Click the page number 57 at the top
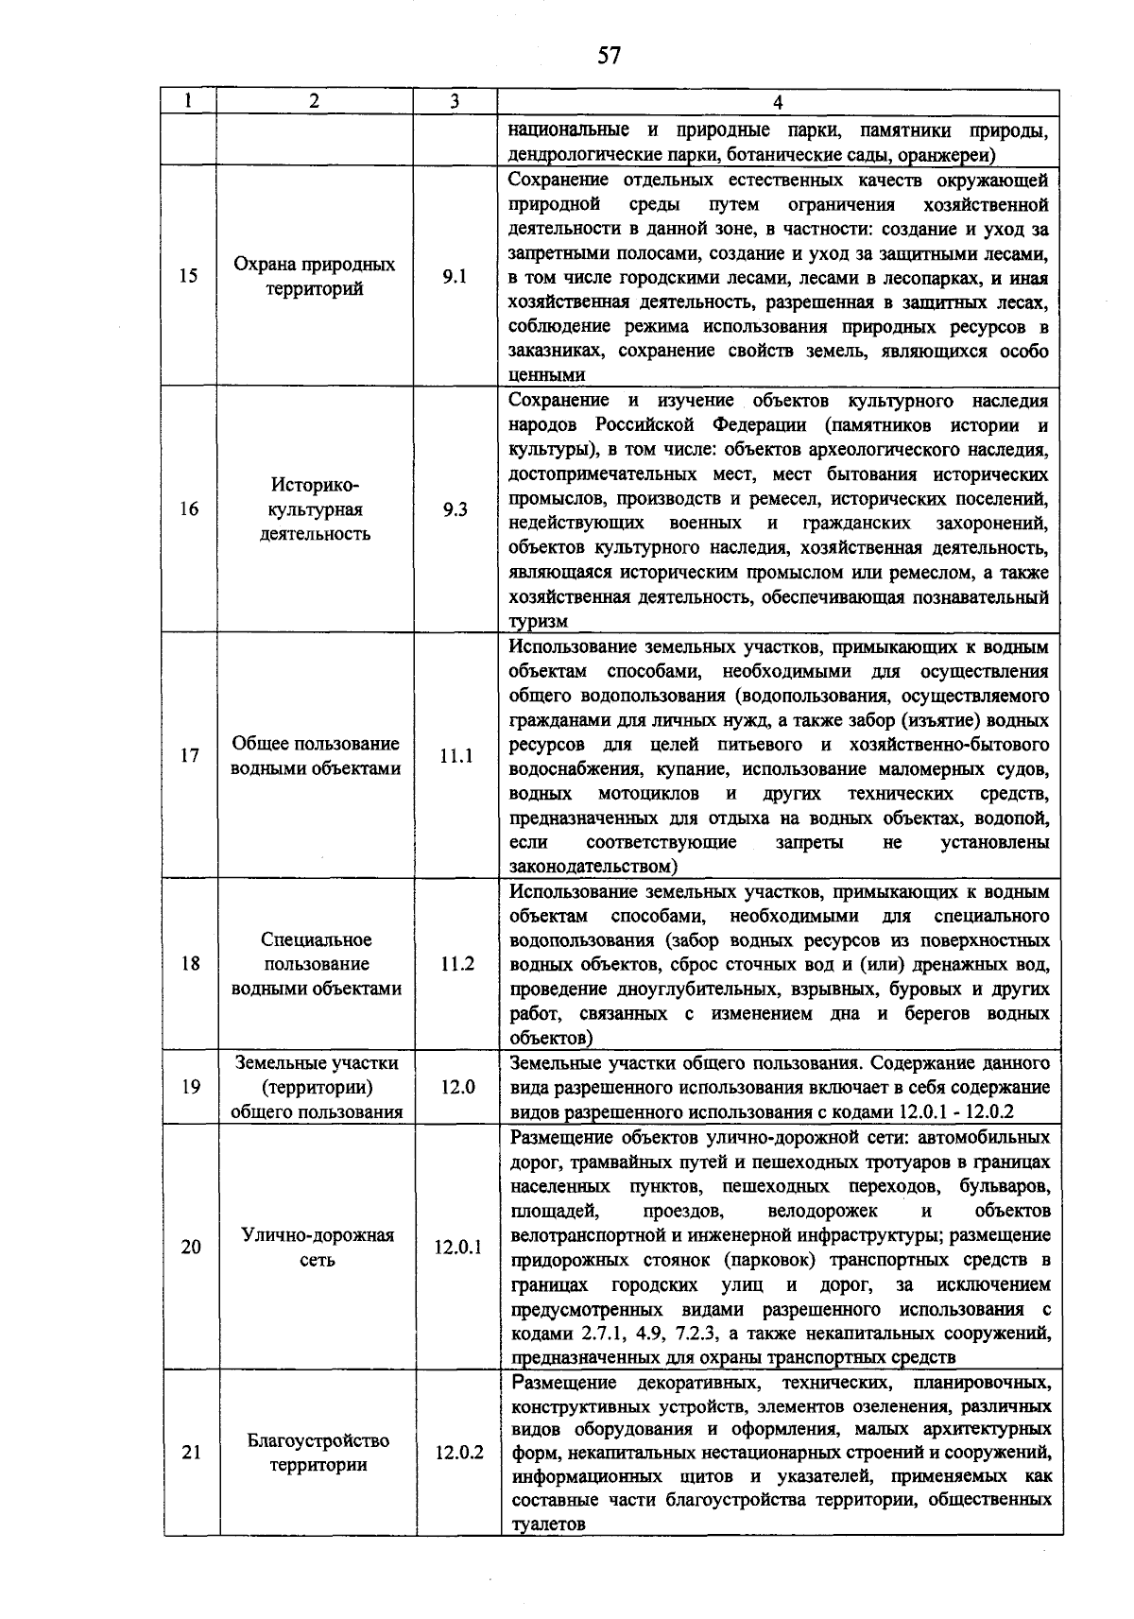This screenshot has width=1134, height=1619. [610, 56]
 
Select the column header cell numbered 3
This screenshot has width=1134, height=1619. [455, 102]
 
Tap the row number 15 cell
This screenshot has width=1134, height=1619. [189, 276]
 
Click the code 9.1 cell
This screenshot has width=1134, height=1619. [455, 276]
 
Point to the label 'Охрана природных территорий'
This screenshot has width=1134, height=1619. [315, 276]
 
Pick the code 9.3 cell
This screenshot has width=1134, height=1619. [455, 509]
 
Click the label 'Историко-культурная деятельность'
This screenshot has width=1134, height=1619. [315, 509]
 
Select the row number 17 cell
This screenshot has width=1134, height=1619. [190, 755]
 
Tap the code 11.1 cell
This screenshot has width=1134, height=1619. [455, 755]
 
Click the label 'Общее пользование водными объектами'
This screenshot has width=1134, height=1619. [316, 755]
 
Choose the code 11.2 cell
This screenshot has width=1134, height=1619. [456, 963]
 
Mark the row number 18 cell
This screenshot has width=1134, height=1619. [190, 963]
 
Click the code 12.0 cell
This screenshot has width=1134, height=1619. [457, 1087]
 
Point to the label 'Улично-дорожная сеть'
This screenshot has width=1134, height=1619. [317, 1247]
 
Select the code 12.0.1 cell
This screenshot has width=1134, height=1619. [458, 1247]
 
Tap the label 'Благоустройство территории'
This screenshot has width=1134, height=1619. [318, 1453]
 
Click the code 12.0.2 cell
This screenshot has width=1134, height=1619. [459, 1453]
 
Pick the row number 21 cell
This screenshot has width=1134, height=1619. [191, 1453]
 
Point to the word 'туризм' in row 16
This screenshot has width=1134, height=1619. [538, 622]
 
